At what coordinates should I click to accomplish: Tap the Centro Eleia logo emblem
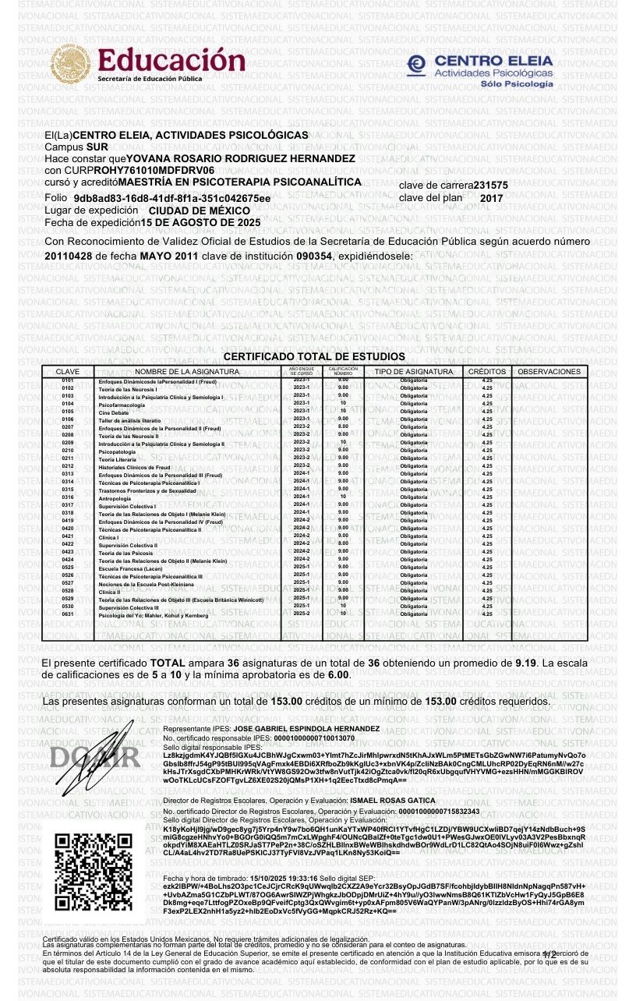point(417,65)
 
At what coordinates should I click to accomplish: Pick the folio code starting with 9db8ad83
point(172,198)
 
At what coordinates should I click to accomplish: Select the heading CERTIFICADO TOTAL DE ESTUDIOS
point(314,356)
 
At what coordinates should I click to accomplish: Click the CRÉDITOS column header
point(487,372)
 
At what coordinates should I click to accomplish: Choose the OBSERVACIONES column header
point(549,372)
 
